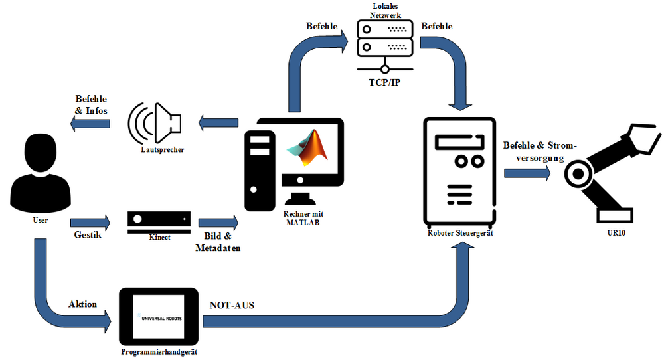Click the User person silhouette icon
[x=41, y=171]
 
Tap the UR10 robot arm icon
[x=608, y=169]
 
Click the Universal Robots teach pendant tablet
[x=159, y=317]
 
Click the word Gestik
[x=87, y=235]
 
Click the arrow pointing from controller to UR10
[x=527, y=173]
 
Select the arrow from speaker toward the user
[x=91, y=123]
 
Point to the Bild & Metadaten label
[x=218, y=242]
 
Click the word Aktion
[x=82, y=304]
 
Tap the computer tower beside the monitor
[x=260, y=170]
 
